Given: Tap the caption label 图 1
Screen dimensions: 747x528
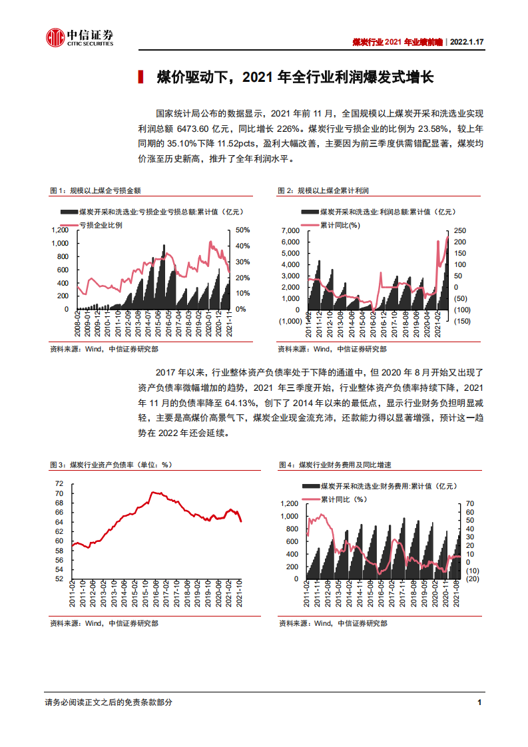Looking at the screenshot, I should [59, 191].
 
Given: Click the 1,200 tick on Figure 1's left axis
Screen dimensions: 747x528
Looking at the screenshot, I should [60, 230].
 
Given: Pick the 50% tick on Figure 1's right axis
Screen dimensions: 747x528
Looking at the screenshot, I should [242, 230].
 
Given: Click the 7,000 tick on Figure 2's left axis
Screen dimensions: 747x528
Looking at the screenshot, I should [290, 230].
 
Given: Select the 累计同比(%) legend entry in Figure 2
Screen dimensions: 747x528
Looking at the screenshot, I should [340, 225].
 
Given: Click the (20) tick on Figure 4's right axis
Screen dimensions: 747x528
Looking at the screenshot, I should [471, 579].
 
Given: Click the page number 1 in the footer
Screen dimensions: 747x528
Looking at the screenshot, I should [479, 702].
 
